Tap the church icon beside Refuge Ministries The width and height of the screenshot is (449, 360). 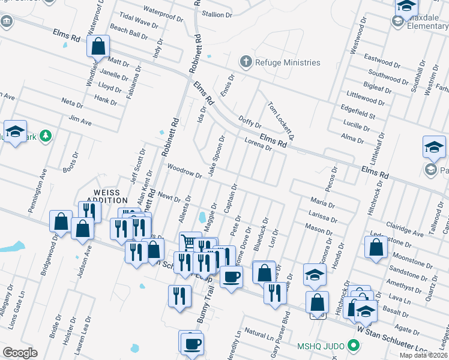(246, 62)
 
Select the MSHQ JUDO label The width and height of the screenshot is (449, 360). (323, 346)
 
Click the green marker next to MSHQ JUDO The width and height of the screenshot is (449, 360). (354, 346)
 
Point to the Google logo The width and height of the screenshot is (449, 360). (20, 352)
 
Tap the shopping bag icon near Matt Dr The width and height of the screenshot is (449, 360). (98, 46)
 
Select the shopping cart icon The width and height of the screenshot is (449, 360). (190, 242)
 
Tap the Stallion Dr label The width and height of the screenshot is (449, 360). (217, 14)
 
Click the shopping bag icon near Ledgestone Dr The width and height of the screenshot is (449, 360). (376, 248)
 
